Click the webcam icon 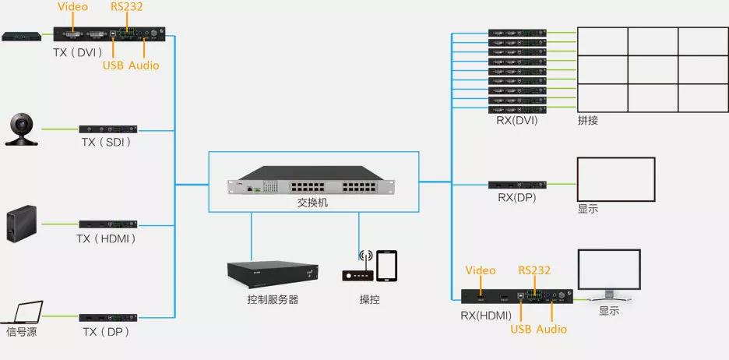point(23,129)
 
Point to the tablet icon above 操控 point(386,265)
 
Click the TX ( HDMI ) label point(107,238)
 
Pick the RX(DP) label point(517,198)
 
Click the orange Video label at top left point(72,7)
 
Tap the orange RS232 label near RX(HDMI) point(535,270)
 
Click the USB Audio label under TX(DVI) point(131,65)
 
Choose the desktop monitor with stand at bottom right point(608,276)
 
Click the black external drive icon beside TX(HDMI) point(21,224)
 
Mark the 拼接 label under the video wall point(589,121)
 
